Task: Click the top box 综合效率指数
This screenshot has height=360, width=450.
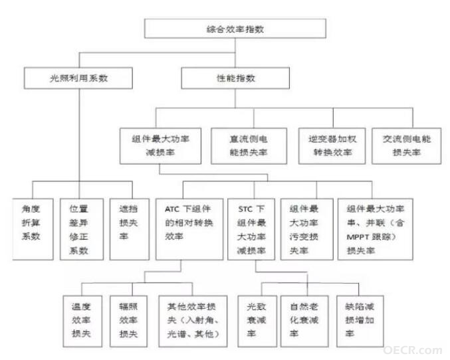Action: pyautogui.click(x=235, y=29)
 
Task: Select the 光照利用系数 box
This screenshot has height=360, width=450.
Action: pyautogui.click(x=78, y=78)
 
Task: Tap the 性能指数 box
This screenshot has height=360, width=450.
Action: pyautogui.click(x=235, y=78)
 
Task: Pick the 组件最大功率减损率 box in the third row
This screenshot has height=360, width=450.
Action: pyautogui.click(x=160, y=145)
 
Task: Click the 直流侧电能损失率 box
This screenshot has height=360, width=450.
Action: pyautogui.click(x=249, y=145)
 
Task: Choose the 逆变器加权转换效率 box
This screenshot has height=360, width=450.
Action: pyautogui.click(x=332, y=145)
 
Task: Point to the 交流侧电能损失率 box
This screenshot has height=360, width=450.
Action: pyautogui.click(x=407, y=145)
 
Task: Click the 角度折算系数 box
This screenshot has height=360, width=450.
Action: pyautogui.click(x=33, y=229)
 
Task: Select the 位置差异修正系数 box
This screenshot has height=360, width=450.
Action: pyautogui.click(x=82, y=229)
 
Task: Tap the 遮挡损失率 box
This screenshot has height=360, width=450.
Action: pyautogui.click(x=130, y=229)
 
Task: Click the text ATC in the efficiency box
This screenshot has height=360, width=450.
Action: pyautogui.click(x=172, y=209)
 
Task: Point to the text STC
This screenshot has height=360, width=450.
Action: pyautogui.click(x=245, y=209)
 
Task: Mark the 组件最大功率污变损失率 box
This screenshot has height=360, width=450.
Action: pyautogui.click(x=307, y=229)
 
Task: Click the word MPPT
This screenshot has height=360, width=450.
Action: pyautogui.click(x=358, y=237)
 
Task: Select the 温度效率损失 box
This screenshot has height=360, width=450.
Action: pyautogui.click(x=82, y=321)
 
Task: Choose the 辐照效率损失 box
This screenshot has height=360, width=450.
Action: pyautogui.click(x=128, y=321)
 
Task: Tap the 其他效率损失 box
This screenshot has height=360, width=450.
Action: pyautogui.click(x=193, y=321)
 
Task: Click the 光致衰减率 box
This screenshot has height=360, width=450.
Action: pyautogui.click(x=257, y=321)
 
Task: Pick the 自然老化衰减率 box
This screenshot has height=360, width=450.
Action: pyautogui.click(x=304, y=321)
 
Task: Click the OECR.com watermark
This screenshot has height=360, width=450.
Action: pyautogui.click(x=412, y=350)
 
